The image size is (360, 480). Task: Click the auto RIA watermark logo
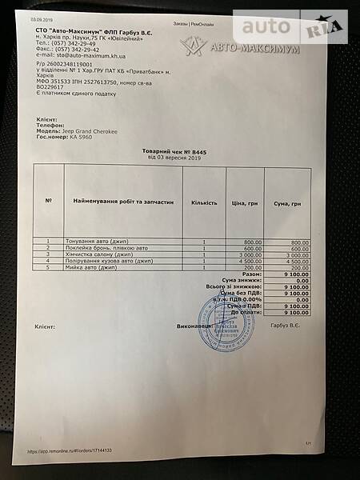click(292, 28)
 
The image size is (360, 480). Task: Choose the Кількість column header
click(204, 202)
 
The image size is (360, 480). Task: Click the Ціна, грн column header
click(244, 202)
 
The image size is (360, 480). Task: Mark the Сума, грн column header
click(286, 202)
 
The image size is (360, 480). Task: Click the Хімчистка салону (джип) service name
click(103, 254)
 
